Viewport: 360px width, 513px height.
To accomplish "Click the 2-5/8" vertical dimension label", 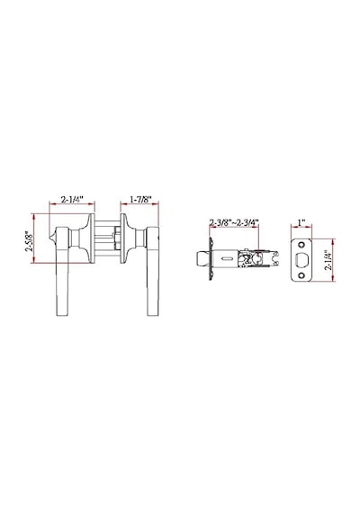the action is point(29,241).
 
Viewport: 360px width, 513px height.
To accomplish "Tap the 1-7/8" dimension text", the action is point(140,199).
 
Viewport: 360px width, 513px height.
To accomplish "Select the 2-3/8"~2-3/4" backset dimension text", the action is point(234,223).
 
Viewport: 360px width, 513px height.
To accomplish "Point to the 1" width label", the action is point(301,222).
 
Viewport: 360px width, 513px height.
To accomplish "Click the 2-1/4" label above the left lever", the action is point(72,199).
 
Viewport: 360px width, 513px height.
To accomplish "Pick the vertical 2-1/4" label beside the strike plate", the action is point(328,260).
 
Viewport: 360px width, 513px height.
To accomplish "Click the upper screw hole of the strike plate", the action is point(301,244).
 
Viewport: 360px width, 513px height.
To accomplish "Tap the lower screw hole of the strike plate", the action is point(301,275).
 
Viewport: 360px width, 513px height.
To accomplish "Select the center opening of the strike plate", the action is point(301,260).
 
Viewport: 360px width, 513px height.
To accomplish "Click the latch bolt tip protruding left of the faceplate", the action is point(202,259).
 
